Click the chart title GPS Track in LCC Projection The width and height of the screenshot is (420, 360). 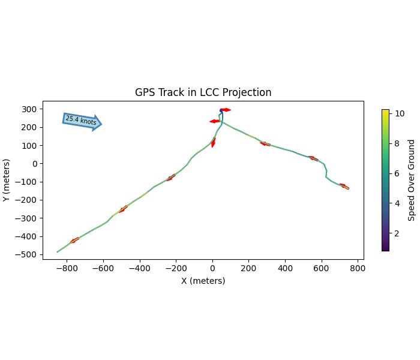[203, 92]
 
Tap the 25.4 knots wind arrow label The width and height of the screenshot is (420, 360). [81, 121]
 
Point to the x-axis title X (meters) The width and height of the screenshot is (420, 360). [203, 281]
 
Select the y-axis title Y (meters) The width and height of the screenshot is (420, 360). [7, 180]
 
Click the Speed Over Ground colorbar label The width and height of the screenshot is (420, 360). [412, 180]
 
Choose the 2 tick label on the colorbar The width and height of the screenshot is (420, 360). [397, 233]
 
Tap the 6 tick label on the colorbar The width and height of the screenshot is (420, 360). [397, 173]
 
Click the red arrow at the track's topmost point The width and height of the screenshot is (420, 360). [225, 110]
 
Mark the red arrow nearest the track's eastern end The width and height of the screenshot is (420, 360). [343, 186]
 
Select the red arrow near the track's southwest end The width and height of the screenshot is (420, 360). [74, 241]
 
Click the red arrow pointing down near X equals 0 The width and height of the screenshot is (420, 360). [213, 143]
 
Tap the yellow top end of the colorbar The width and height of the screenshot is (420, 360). [385, 111]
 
